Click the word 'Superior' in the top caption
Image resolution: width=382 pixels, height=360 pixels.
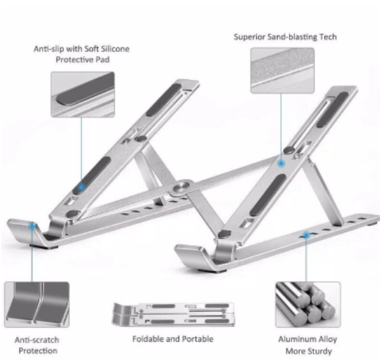pos(249,37)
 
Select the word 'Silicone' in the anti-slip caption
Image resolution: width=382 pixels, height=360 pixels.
pos(115,48)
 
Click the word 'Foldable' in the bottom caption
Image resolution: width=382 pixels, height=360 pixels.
pos(147,339)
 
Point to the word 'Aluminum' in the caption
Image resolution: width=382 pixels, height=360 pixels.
pos(294,339)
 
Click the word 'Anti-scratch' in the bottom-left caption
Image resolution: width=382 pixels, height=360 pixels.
pos(37,340)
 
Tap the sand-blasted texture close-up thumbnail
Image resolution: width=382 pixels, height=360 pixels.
pos(282,70)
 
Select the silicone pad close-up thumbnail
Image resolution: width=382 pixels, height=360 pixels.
pos(83,94)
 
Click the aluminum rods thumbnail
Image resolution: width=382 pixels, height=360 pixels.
pos(308,305)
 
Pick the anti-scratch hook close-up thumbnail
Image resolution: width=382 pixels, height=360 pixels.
pos(37,305)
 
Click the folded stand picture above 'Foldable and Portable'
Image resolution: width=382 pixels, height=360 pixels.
pos(173,314)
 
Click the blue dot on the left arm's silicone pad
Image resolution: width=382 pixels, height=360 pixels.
pos(82,187)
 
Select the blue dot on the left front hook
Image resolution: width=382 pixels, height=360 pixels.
pos(32,226)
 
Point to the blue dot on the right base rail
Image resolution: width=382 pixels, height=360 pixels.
pos(307,235)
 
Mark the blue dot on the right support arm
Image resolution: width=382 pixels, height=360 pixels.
pos(281,164)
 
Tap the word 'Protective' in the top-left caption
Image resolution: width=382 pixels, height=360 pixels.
pos(71,60)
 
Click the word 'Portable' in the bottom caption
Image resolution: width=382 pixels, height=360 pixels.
pos(198,339)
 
